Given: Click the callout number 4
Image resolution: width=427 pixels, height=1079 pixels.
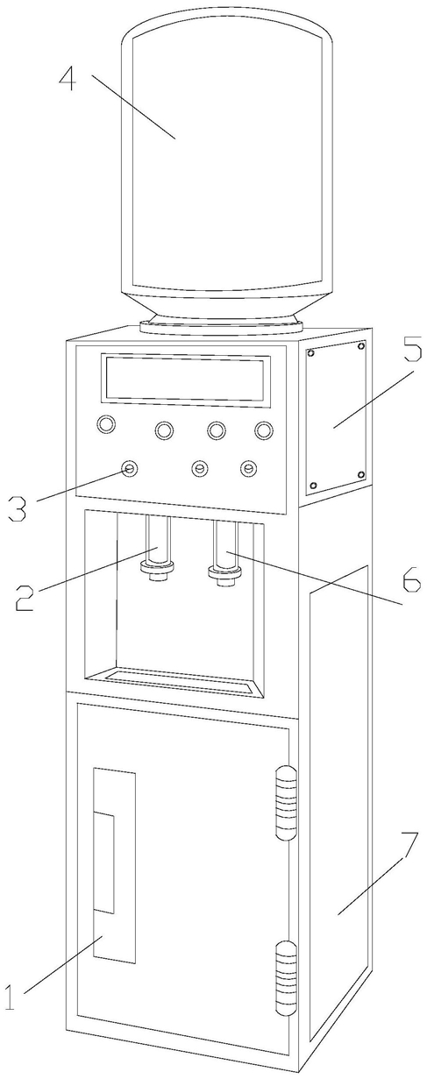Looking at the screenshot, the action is tap(68, 79).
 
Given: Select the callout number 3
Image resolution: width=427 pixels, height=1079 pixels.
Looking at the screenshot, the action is tap(18, 508).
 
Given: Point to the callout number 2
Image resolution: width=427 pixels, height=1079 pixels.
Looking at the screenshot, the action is tap(24, 598).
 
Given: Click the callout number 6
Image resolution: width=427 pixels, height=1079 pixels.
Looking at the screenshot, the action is tap(411, 579).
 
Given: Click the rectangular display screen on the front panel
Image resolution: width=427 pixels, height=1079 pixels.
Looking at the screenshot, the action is tap(186, 378).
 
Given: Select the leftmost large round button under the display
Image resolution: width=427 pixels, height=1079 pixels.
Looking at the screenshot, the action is tap(106, 424).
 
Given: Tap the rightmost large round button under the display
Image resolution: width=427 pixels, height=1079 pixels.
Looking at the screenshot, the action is tap(264, 429).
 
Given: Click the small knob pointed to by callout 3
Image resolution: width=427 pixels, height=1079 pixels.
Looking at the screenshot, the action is tap(130, 468).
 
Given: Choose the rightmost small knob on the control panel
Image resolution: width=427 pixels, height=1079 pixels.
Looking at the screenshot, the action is tap(248, 468).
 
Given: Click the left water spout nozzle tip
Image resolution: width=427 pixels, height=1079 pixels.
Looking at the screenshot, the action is tap(157, 577).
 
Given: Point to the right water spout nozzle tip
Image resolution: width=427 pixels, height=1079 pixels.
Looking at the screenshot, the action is tap(224, 581).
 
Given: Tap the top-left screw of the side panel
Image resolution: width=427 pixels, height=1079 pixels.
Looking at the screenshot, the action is tap(311, 352).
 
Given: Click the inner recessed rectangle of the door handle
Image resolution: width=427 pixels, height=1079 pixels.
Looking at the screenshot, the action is tap(104, 862).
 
